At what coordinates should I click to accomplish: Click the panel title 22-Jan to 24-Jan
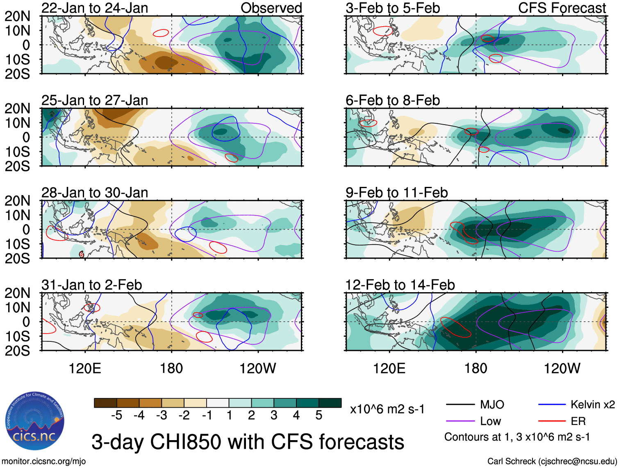coord(95,8)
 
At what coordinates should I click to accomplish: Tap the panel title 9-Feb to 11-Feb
coord(396,193)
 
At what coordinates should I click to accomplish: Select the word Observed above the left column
coord(271,8)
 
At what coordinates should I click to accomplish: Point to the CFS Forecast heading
coord(562,8)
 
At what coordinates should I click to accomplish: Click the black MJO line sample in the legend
coord(460,405)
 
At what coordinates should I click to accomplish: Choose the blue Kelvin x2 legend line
coord(552,405)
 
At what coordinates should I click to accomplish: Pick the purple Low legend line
coord(460,421)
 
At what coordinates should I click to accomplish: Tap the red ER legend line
coord(552,421)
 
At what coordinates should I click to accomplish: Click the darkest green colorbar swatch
coord(330,403)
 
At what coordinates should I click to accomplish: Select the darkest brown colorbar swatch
coord(105,403)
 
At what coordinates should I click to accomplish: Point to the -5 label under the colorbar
coord(116,416)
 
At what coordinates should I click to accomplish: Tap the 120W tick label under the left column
coord(257,368)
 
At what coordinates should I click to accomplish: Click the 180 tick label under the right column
coord(476,368)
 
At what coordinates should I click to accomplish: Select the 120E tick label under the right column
coord(389,368)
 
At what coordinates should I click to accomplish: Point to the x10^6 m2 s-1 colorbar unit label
coord(387,409)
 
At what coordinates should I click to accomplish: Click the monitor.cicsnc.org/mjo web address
coord(44,461)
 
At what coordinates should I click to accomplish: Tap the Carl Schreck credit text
coord(552,461)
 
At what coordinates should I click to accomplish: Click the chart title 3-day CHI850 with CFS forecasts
coord(248,442)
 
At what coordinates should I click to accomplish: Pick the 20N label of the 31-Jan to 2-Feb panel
coord(17,293)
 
